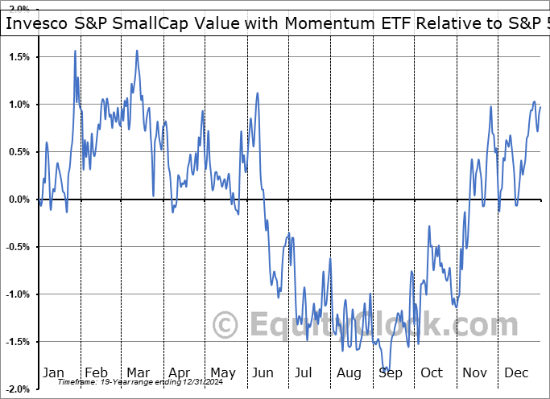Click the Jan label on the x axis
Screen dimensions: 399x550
(x=53, y=372)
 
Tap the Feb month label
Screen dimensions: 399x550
(x=96, y=372)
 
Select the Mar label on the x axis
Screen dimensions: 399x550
(x=137, y=372)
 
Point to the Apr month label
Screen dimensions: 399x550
(x=179, y=372)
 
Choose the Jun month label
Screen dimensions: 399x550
(x=263, y=372)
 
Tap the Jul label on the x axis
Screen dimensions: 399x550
(x=304, y=372)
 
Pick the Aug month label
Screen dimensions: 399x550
(x=349, y=372)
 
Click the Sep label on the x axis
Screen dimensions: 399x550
(x=391, y=372)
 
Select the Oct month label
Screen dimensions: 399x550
(x=432, y=372)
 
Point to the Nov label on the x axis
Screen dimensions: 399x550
(x=474, y=372)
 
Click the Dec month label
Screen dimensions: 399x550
(x=516, y=372)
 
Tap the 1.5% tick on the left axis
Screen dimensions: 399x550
(x=19, y=57)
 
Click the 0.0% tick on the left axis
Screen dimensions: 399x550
(x=19, y=199)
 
